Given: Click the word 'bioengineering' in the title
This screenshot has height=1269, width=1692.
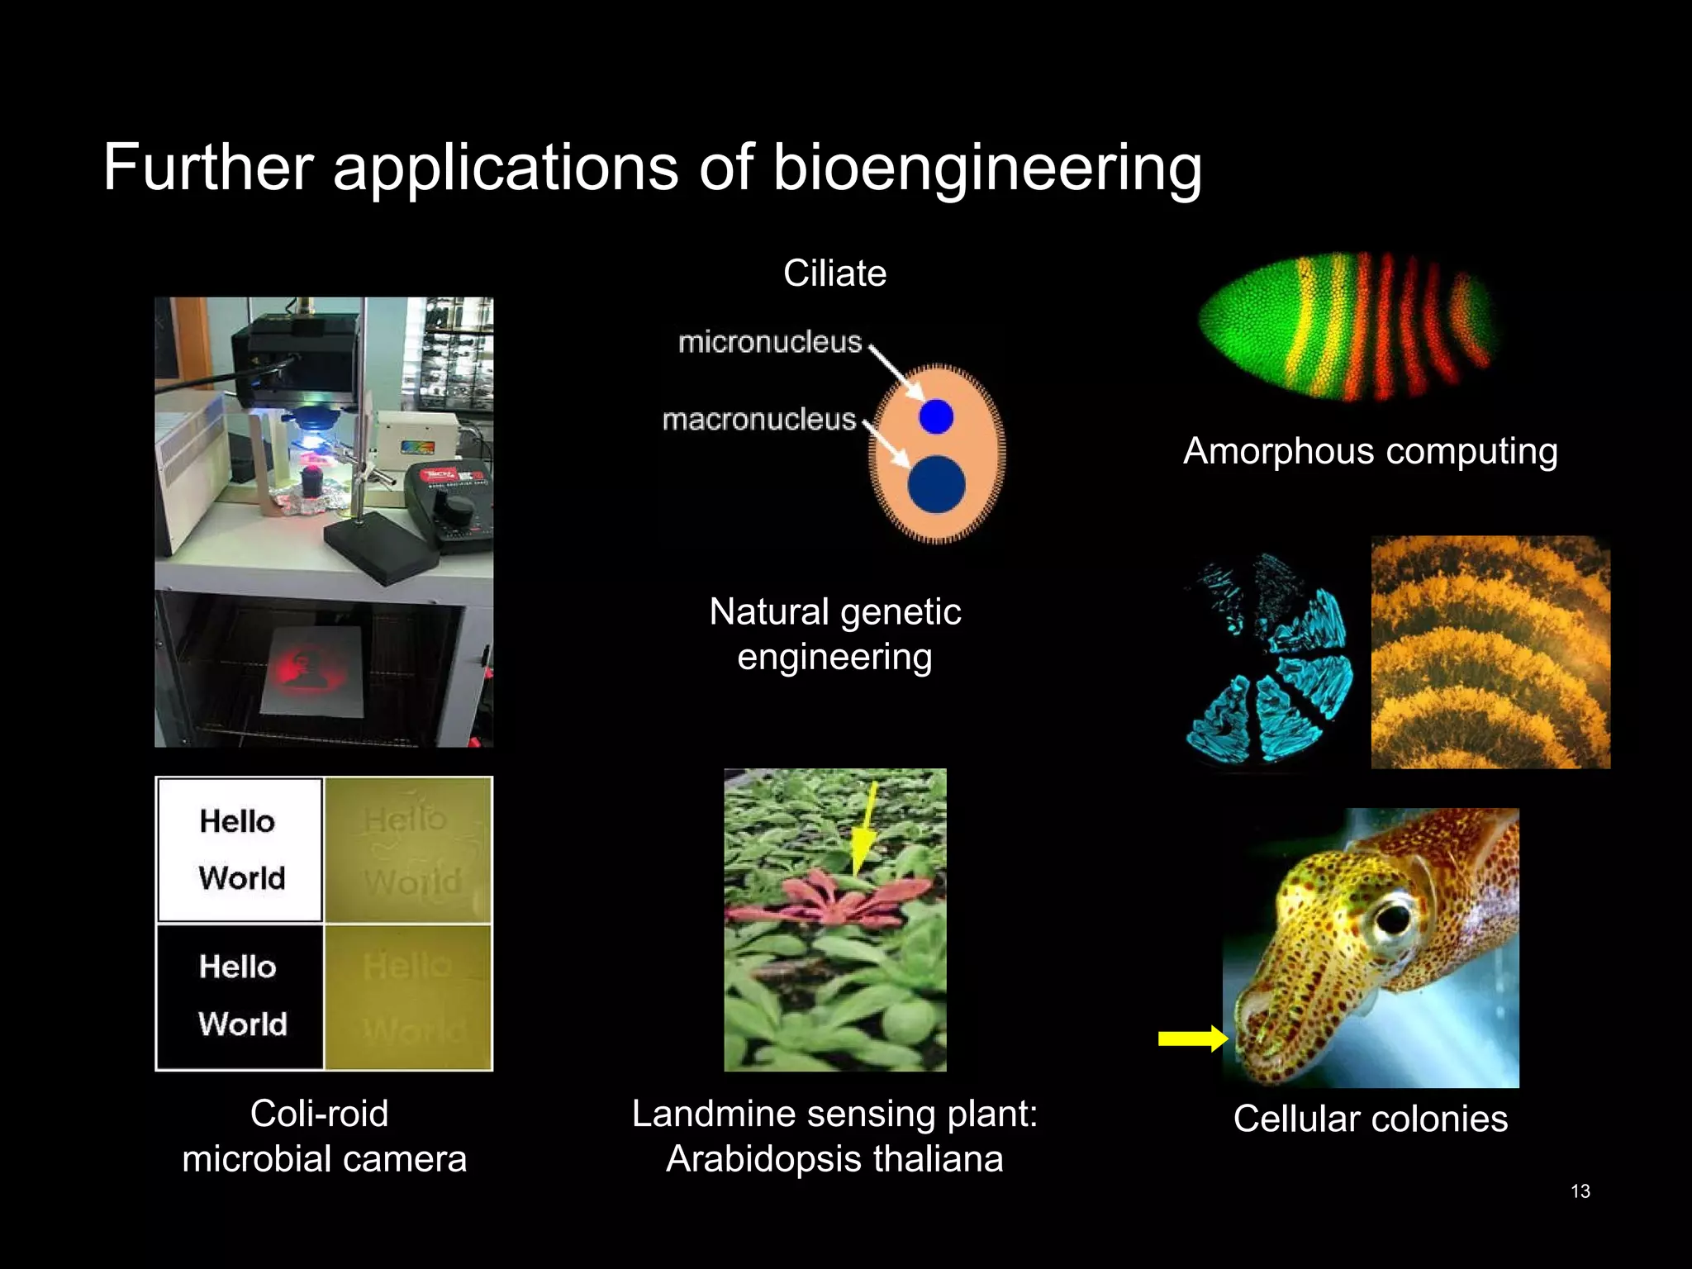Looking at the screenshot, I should [x=986, y=169].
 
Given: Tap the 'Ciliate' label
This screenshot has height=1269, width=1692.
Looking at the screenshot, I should [x=834, y=273].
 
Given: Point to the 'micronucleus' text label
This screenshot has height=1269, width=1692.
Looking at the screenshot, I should [x=770, y=342].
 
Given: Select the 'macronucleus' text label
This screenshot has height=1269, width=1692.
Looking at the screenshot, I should [x=758, y=420].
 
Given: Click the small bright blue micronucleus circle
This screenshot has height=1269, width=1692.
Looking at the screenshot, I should [x=936, y=416].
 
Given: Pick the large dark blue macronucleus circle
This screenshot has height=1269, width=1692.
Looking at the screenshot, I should [x=936, y=484].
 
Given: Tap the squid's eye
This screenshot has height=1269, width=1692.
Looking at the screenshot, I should [x=1394, y=916].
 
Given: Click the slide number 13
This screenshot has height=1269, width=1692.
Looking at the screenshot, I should [x=1580, y=1191].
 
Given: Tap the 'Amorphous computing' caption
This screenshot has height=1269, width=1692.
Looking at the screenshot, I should [x=1370, y=452].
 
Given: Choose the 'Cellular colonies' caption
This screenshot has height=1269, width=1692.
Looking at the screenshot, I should [x=1370, y=1119].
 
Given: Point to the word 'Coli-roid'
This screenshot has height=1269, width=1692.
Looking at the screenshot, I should [x=319, y=1114].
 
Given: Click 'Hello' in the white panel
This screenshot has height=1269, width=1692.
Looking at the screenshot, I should [x=237, y=821].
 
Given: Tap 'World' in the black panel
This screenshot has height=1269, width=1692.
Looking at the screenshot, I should [x=242, y=1024].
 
